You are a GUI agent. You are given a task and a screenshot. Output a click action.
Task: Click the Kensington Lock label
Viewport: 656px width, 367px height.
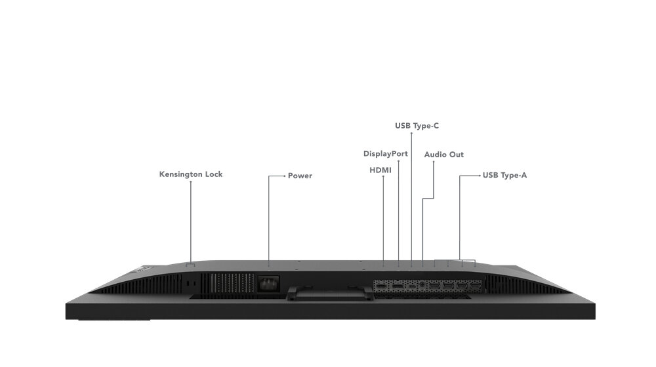(191, 174)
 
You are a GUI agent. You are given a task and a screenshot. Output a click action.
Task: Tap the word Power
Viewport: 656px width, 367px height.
(300, 176)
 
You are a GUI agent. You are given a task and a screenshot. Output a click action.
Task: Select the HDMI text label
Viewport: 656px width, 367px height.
(380, 170)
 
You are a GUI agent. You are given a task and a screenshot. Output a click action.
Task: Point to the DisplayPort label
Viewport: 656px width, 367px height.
(385, 154)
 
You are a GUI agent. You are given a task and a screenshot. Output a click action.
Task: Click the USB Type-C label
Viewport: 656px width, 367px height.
(417, 126)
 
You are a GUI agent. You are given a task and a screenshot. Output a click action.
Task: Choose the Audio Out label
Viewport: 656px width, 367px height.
(444, 155)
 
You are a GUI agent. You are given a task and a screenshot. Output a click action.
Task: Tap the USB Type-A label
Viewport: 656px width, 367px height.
(504, 175)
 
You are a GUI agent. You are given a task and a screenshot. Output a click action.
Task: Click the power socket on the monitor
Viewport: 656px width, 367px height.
(268, 284)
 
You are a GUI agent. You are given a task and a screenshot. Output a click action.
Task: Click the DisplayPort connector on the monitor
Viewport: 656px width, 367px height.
(398, 286)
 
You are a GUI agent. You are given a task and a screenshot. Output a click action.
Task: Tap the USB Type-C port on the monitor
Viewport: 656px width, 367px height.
(411, 286)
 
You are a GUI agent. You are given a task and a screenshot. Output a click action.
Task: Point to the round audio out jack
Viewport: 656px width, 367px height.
(422, 284)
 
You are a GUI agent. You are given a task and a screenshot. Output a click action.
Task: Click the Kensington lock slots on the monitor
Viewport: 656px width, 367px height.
(191, 283)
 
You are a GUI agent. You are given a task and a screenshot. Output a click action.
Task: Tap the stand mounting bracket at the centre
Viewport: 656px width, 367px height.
(329, 292)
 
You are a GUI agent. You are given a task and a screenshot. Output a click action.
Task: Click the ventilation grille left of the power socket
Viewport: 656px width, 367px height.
(228, 283)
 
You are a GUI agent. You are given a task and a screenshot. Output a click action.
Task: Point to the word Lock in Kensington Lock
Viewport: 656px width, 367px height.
(213, 174)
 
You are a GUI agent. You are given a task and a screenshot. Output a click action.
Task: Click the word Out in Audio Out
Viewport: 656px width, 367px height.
(456, 155)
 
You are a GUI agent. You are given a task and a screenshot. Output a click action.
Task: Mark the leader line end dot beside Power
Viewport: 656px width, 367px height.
(285, 176)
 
